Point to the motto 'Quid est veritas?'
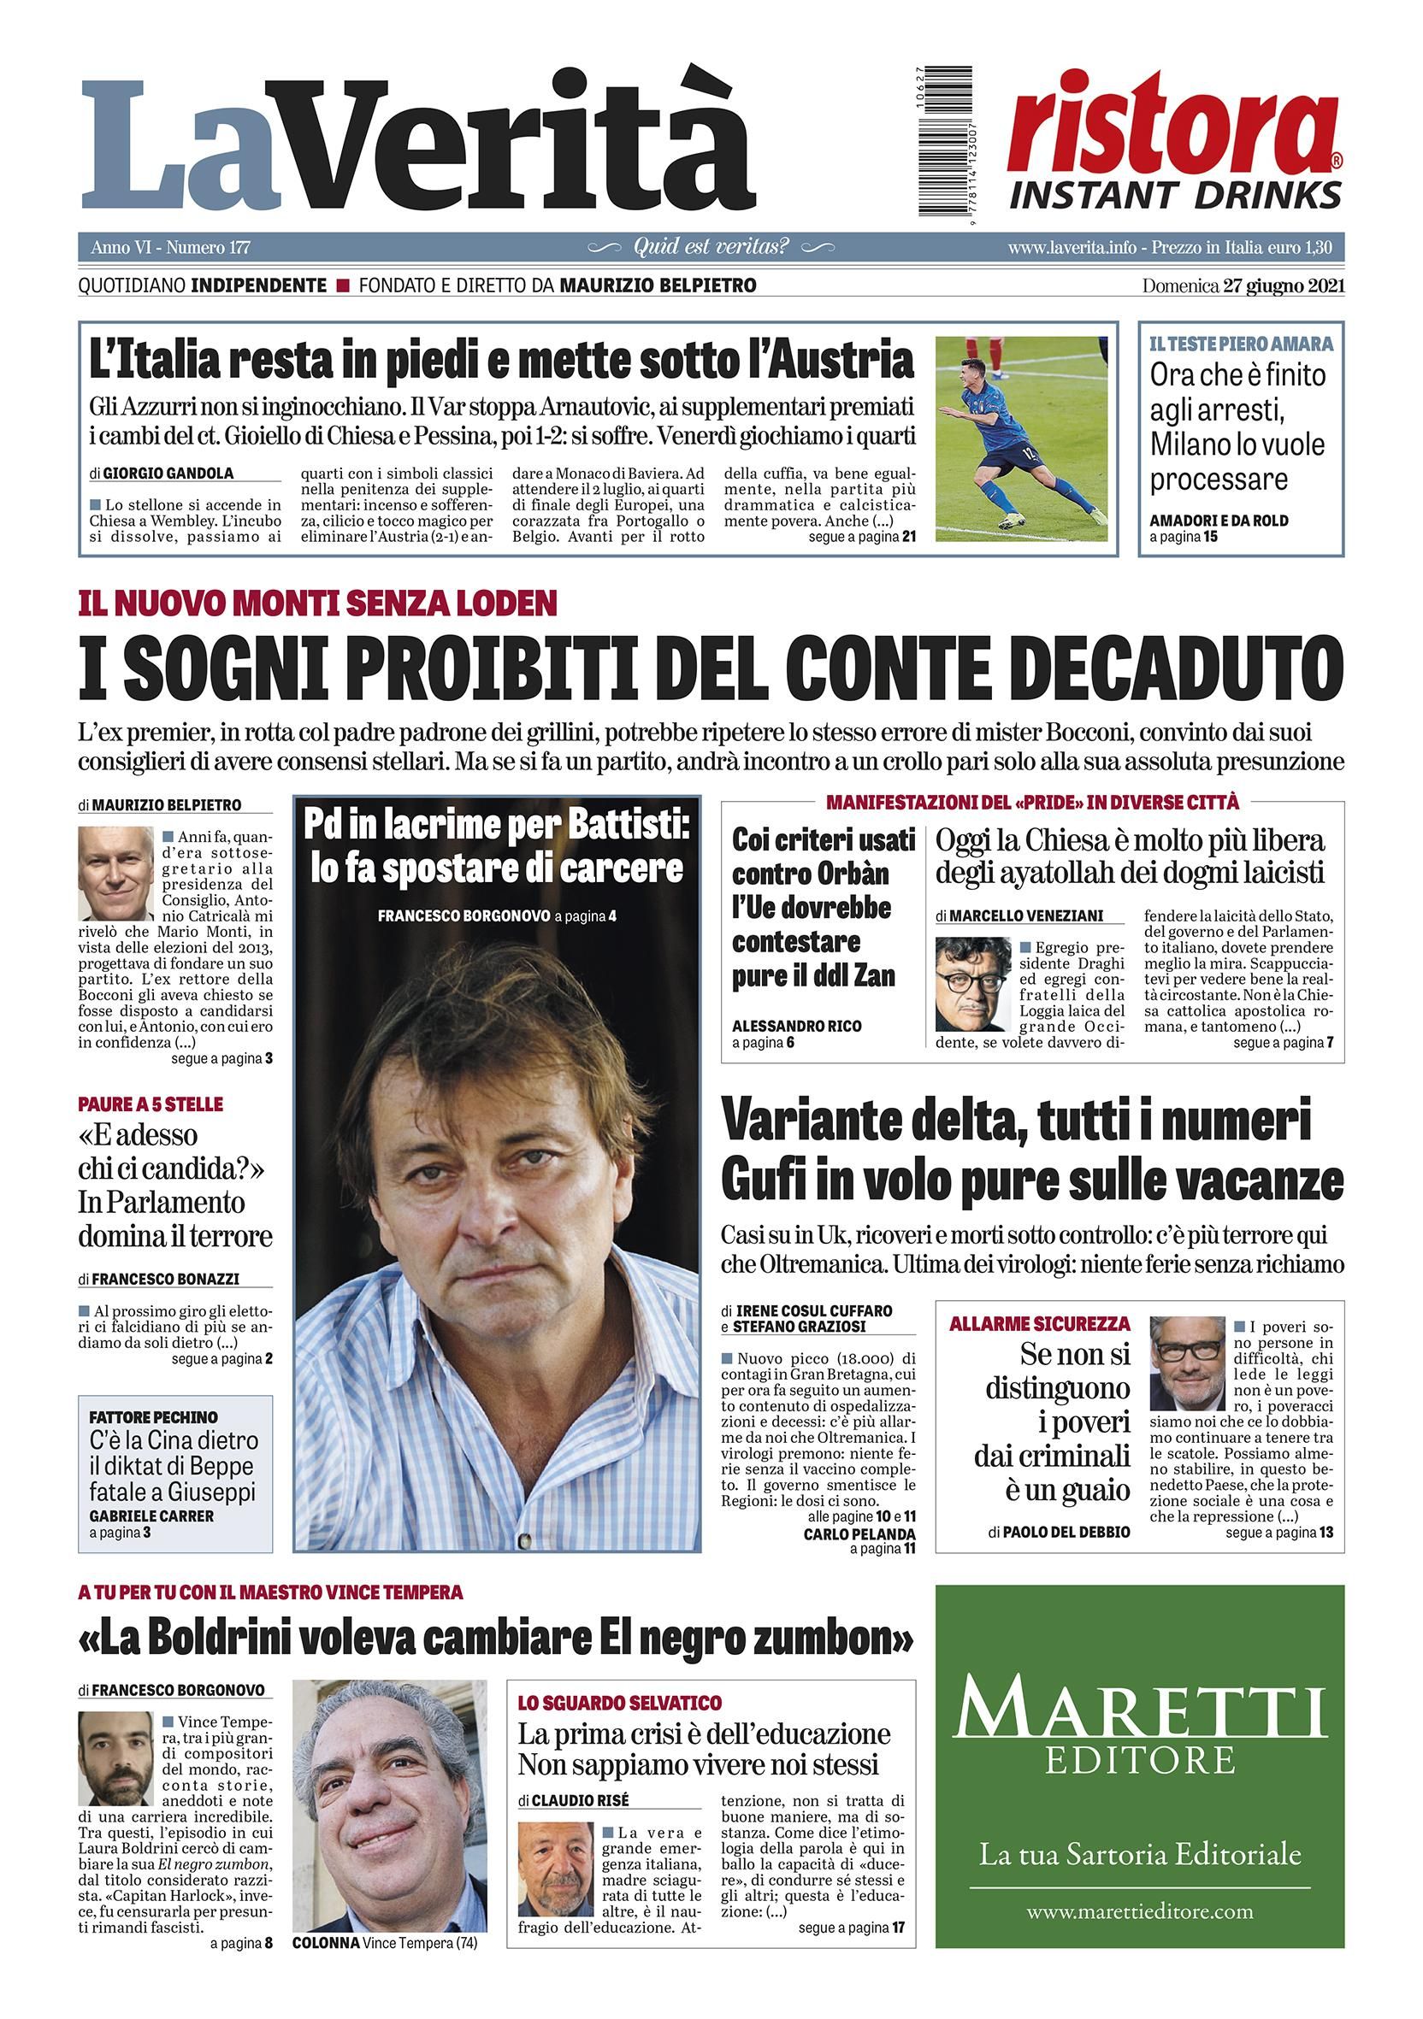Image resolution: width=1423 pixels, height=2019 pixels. pyautogui.click(x=711, y=247)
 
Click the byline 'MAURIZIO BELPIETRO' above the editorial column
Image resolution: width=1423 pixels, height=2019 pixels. pyautogui.click(x=166, y=804)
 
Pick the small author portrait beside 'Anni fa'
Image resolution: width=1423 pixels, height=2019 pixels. pyautogui.click(x=116, y=874)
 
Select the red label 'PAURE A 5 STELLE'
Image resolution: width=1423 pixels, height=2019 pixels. pyautogui.click(x=151, y=1104)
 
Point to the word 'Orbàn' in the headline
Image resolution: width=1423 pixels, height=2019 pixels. pyautogui.click(x=824, y=874)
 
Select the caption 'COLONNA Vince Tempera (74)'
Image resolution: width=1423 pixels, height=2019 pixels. pyautogui.click(x=384, y=1967)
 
